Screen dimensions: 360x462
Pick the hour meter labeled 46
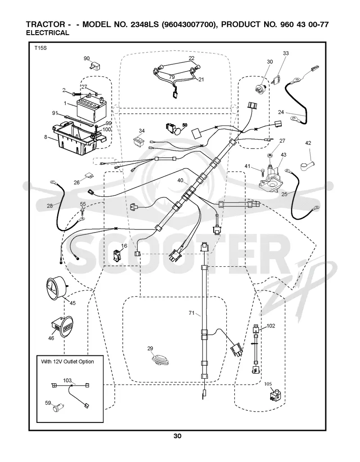[61, 326]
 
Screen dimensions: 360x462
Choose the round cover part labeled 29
[159, 360]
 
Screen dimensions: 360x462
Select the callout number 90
[87, 58]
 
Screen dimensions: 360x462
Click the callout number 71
[192, 313]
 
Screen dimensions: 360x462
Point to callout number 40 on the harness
[180, 180]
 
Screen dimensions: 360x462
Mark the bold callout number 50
[184, 125]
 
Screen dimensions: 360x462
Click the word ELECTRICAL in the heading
[47, 33]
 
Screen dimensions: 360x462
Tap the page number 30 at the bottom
[177, 436]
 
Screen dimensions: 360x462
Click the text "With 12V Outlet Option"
[67, 362]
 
